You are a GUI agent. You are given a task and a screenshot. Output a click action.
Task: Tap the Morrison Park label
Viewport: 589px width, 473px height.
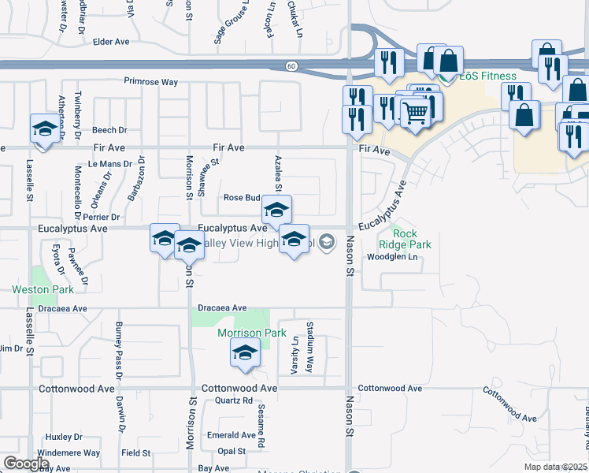click(x=252, y=333)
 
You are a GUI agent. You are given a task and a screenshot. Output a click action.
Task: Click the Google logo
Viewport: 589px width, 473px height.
click(x=26, y=464)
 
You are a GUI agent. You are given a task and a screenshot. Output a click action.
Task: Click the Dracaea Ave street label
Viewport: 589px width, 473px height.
click(x=222, y=308)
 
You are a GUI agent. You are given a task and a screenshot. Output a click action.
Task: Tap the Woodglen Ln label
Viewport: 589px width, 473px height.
click(x=390, y=258)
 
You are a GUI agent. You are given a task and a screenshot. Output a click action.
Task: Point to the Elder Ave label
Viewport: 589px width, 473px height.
click(x=111, y=41)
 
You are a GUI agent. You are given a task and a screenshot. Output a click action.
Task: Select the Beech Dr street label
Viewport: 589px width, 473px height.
click(x=109, y=131)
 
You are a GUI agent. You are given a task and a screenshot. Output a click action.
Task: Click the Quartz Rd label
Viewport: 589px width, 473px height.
click(x=233, y=401)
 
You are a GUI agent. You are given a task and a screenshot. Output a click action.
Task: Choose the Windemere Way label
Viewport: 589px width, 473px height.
click(x=73, y=453)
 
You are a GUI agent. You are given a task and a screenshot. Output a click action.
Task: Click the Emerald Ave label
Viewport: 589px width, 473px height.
click(x=232, y=435)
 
